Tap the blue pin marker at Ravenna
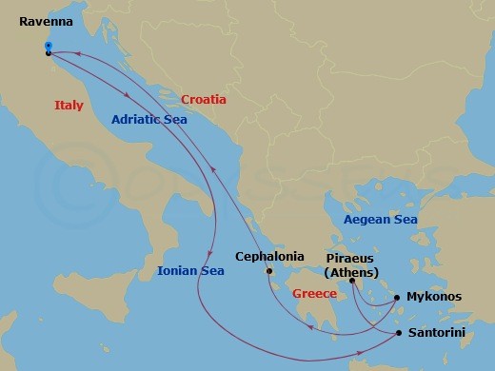48,45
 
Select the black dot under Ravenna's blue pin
49,53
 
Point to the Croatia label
204,99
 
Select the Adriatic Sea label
148,119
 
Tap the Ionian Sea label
191,272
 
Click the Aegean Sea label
380,220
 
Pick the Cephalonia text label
270,256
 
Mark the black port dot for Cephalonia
270,271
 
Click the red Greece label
315,294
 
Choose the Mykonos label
434,297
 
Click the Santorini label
436,334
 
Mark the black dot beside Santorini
399,333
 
